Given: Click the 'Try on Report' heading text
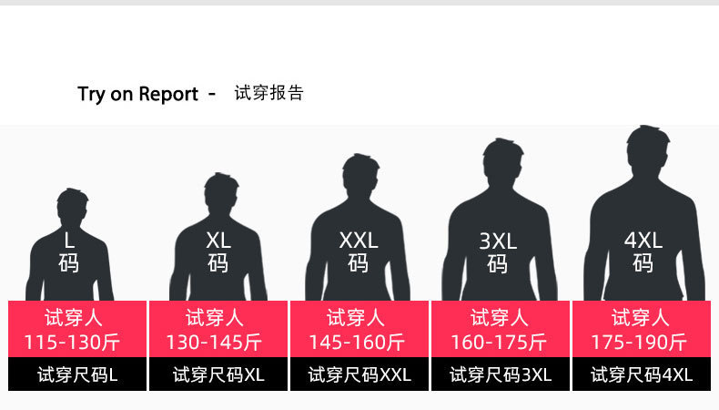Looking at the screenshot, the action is pos(137,94).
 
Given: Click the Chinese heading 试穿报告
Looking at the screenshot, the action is pos(268,93).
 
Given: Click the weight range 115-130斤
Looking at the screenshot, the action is pos(74,343).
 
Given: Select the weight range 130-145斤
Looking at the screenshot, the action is pos(214,343).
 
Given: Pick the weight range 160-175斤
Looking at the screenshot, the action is pos(499,343).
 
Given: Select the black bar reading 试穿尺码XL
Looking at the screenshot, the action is pos(218,374).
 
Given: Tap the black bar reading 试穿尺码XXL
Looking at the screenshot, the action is pos(359,374).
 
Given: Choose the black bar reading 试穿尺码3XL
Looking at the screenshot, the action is pos(501,374).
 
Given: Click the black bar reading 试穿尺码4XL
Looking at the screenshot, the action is pos(642,374).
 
